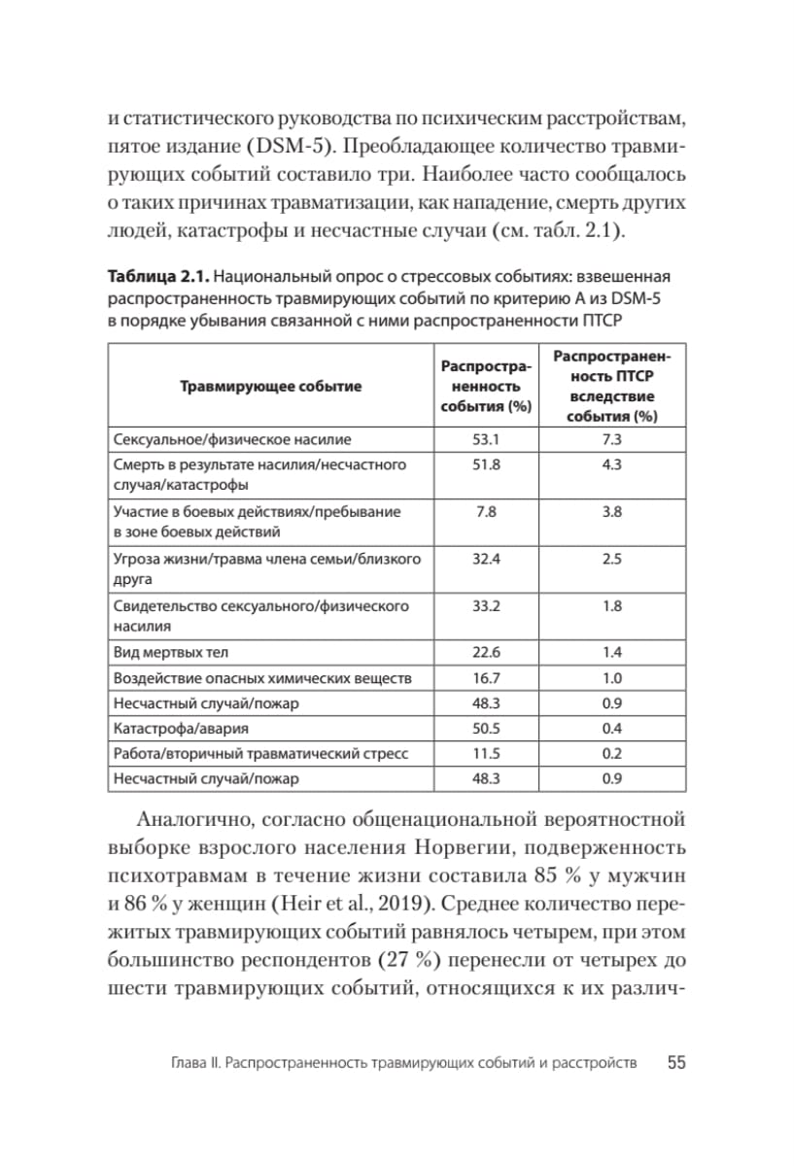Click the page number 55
tap(676, 1063)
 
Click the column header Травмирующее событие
tap(270, 386)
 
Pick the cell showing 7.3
tap(611, 439)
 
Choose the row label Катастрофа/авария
tap(181, 728)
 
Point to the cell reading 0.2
tap(611, 753)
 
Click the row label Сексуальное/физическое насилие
tap(232, 439)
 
